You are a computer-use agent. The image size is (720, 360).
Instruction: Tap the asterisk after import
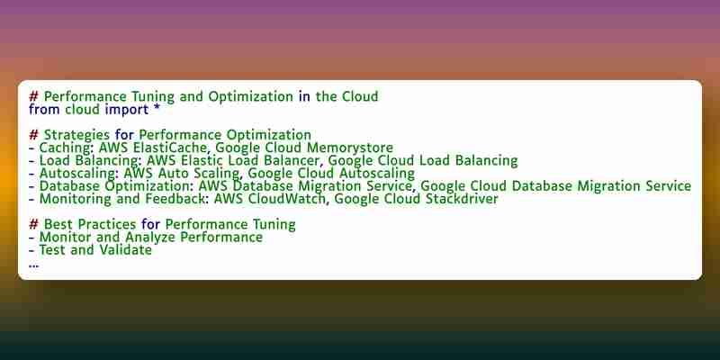[x=157, y=109]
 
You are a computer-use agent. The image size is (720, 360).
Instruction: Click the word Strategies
[x=76, y=136]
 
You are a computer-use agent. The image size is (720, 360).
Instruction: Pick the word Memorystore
[x=350, y=148]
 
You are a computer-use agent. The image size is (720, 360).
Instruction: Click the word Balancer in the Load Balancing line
[x=292, y=161]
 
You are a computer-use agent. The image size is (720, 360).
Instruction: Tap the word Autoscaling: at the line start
[x=79, y=174]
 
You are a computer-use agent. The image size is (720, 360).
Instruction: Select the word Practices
[x=107, y=224]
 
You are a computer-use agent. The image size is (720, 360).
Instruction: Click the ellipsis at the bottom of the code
[x=33, y=265]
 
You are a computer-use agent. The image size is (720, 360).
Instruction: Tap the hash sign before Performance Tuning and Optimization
[x=34, y=97]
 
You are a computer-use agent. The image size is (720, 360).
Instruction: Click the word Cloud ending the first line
[x=361, y=97]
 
